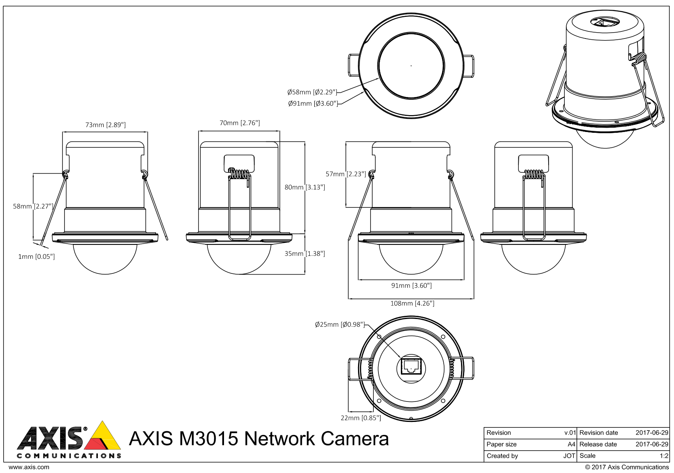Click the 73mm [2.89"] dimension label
click(105, 125)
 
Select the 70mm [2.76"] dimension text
click(239, 123)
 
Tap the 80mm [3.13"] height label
click(305, 187)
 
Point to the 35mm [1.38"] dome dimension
click(305, 254)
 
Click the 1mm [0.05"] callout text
click(37, 257)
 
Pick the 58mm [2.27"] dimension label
click(33, 206)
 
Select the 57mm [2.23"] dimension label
click(346, 174)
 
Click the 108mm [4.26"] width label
click(412, 303)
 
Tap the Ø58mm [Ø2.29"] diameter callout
click(312, 92)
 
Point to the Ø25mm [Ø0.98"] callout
click(340, 324)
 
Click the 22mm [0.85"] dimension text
click(361, 418)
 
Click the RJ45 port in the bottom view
click(411, 367)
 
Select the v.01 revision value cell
click(570, 433)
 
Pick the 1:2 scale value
click(664, 456)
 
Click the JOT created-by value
click(569, 456)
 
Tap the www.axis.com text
click(29, 467)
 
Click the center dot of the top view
click(411, 66)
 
